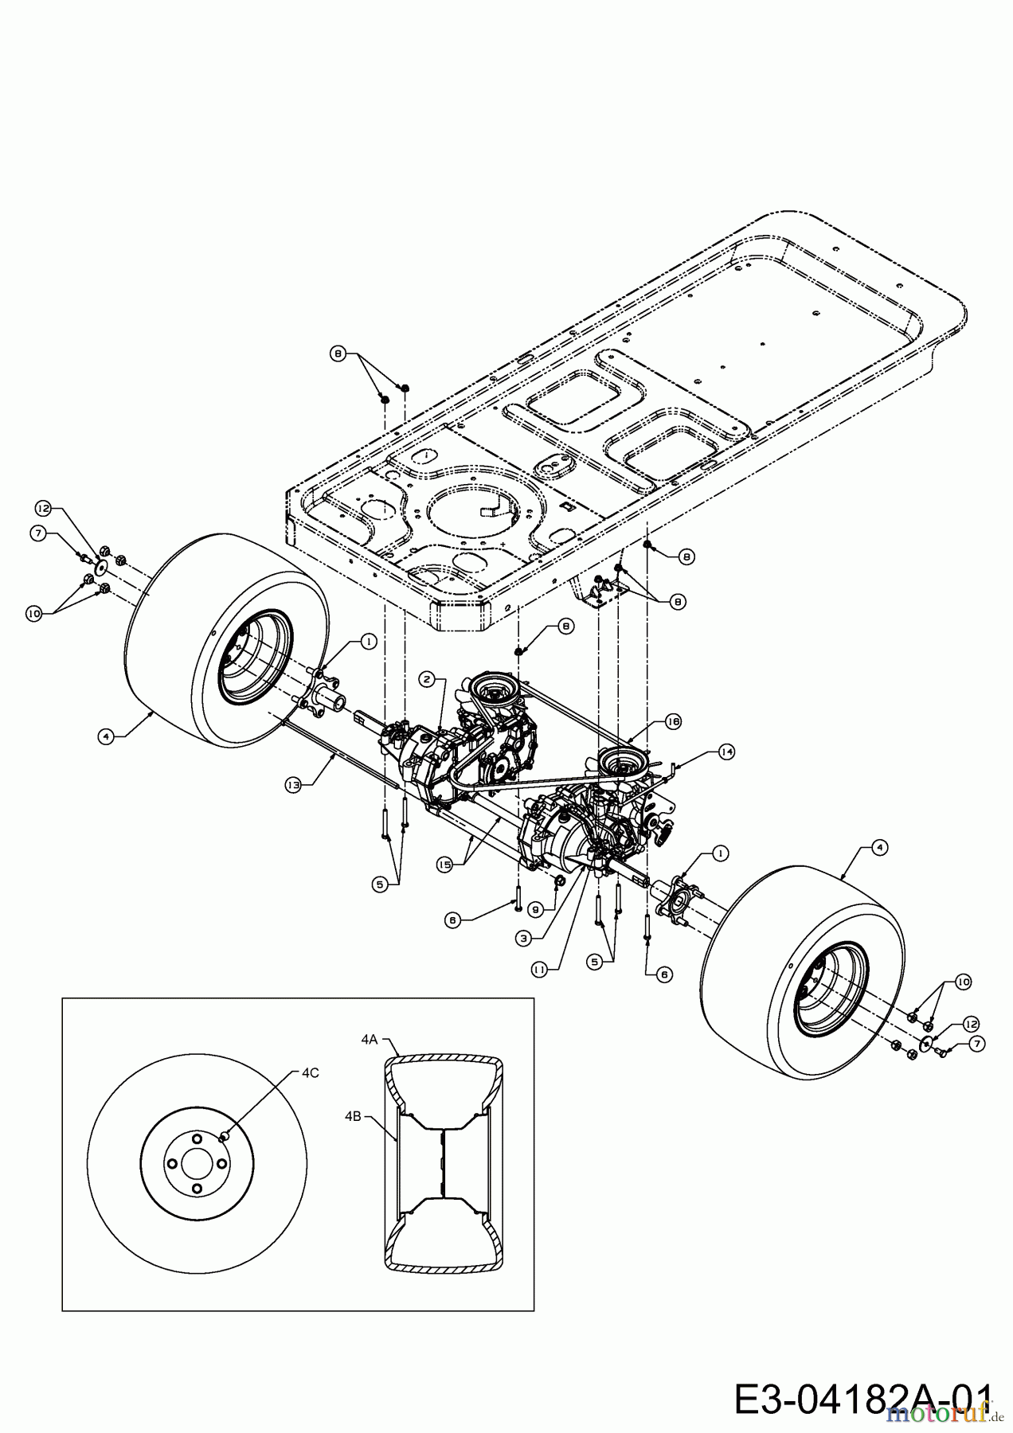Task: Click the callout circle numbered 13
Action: pos(292,784)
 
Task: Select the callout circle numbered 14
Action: pos(726,751)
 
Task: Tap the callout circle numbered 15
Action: pos(445,863)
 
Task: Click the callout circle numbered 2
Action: pos(428,678)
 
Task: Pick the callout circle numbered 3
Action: pos(523,939)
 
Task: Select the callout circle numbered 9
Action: pos(534,907)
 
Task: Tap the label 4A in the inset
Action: pos(369,1039)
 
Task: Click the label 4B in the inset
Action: pos(354,1116)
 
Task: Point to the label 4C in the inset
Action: pos(311,1072)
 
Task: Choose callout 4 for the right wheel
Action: pos(878,849)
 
